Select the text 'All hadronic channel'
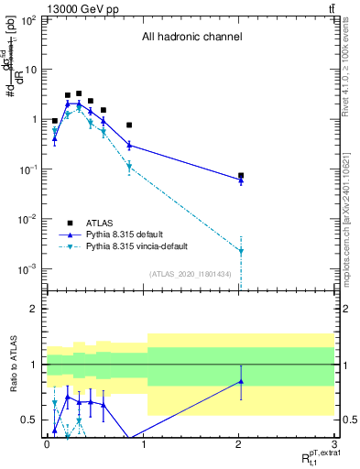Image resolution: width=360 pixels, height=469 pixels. point(191,38)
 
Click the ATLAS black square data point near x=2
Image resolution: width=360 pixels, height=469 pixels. point(241,175)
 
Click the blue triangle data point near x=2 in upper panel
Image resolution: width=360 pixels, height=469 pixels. point(241,180)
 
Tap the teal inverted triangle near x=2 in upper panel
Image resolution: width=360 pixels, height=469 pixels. point(241,251)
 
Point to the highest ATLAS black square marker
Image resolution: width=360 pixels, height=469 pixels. point(79,93)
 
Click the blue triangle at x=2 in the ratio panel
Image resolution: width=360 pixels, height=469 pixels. point(241,381)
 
